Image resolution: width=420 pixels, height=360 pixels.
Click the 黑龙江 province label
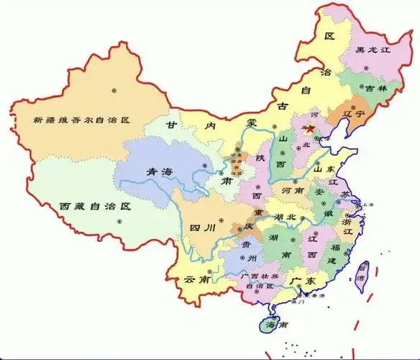pyautogui.click(x=372, y=50)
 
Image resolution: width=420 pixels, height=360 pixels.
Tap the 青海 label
pyautogui.click(x=160, y=171)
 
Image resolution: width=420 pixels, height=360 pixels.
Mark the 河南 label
pyautogui.click(x=291, y=192)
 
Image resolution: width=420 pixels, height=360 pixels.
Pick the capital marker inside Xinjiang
pyautogui.click(x=113, y=90)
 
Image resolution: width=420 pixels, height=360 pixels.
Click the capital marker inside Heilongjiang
pyautogui.click(x=366, y=68)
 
